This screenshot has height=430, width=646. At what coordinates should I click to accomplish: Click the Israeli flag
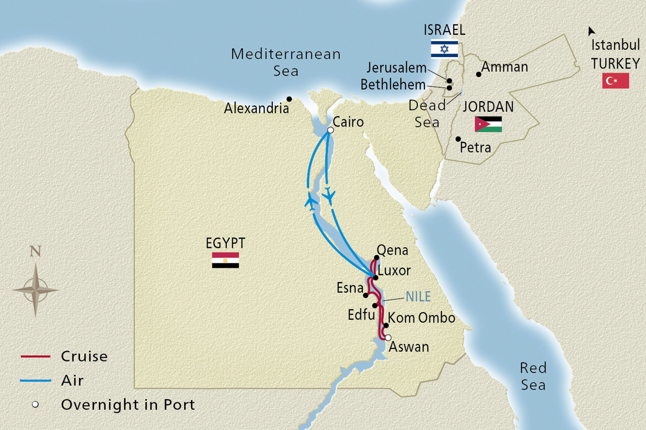[x=444, y=49]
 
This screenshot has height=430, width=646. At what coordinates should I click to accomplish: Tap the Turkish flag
[x=615, y=81]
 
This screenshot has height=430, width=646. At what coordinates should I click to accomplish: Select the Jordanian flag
[x=488, y=124]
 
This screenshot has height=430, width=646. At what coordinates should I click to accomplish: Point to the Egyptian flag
[x=225, y=260]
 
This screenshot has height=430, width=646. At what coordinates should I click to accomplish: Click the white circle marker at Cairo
[x=331, y=130]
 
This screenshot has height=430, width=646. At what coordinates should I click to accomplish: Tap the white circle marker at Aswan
[x=388, y=338]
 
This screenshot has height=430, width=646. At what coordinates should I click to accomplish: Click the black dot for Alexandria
[x=289, y=99]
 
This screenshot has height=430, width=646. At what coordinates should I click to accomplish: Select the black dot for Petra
[x=458, y=139]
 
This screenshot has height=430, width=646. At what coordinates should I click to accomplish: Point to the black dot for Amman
[x=478, y=74]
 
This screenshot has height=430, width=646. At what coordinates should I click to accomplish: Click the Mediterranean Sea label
[x=286, y=62]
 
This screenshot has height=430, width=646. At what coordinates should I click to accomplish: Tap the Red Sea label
[x=533, y=376]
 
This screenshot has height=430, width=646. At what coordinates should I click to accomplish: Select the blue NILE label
[x=418, y=296]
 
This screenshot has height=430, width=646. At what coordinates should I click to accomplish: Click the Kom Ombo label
[x=421, y=318]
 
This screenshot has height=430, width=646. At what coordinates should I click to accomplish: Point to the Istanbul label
[x=615, y=45]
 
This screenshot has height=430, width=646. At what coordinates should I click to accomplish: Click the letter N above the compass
[x=35, y=251]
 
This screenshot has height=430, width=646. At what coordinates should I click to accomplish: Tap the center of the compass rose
[x=35, y=290]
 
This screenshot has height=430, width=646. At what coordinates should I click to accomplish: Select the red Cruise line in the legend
[x=35, y=356]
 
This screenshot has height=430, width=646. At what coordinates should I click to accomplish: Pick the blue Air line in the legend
[x=35, y=380]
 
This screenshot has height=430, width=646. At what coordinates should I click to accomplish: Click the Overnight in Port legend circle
[x=35, y=405]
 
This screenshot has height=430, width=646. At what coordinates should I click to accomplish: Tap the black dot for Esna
[x=366, y=295]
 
